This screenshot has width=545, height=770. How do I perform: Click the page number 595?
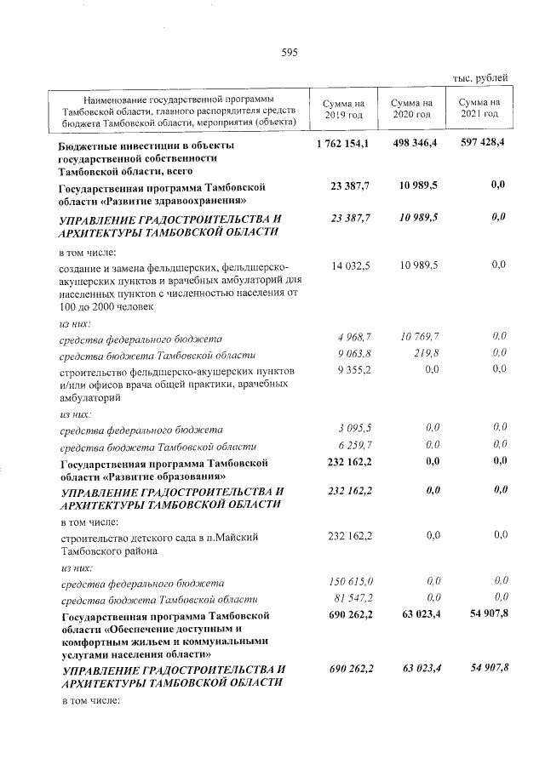tap(289, 53)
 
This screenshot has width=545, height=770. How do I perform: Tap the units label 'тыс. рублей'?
tap(480, 78)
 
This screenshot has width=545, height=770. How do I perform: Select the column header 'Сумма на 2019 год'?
tap(343, 108)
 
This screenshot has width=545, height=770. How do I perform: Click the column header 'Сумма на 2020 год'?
tap(411, 108)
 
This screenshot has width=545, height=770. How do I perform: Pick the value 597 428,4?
tap(482, 144)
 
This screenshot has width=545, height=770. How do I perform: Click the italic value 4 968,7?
tap(352, 339)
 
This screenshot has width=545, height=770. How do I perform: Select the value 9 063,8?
tap(352, 353)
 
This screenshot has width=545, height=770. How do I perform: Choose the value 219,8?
tap(426, 353)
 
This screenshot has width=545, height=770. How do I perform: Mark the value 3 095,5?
tap(352, 427)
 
